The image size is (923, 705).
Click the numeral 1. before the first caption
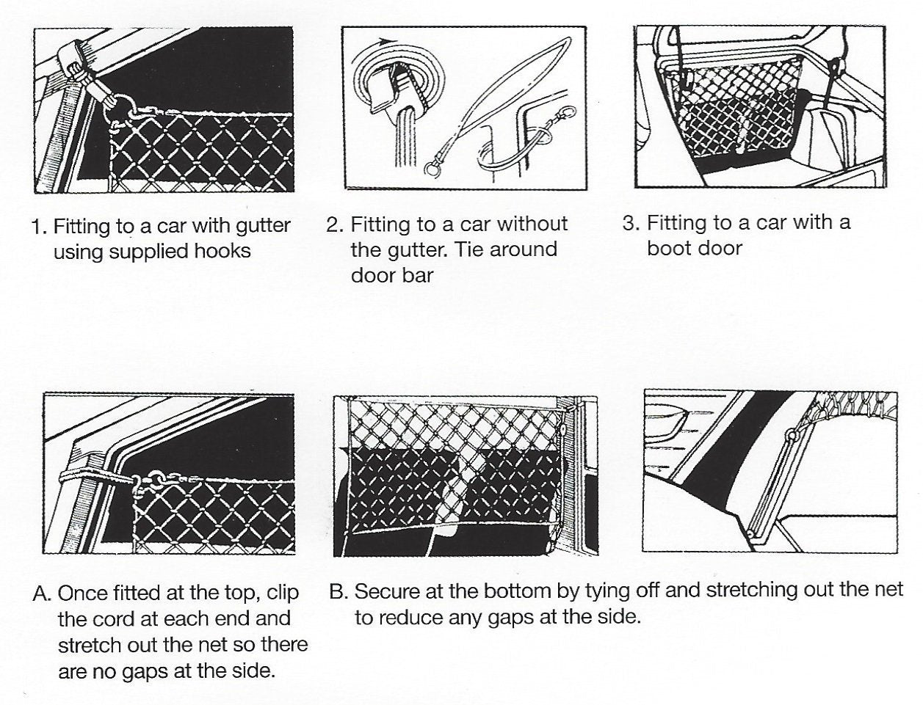pos(40,227)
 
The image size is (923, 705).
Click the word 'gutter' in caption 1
pos(263,227)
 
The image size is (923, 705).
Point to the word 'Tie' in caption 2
pos(470,250)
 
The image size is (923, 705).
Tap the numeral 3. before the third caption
pos(631,223)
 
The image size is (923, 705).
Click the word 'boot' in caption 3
pos(670,248)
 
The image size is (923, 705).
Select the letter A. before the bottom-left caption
pos(43,593)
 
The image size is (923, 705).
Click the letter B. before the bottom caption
pos(339,591)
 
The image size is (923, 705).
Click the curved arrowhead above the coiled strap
pos(388,41)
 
